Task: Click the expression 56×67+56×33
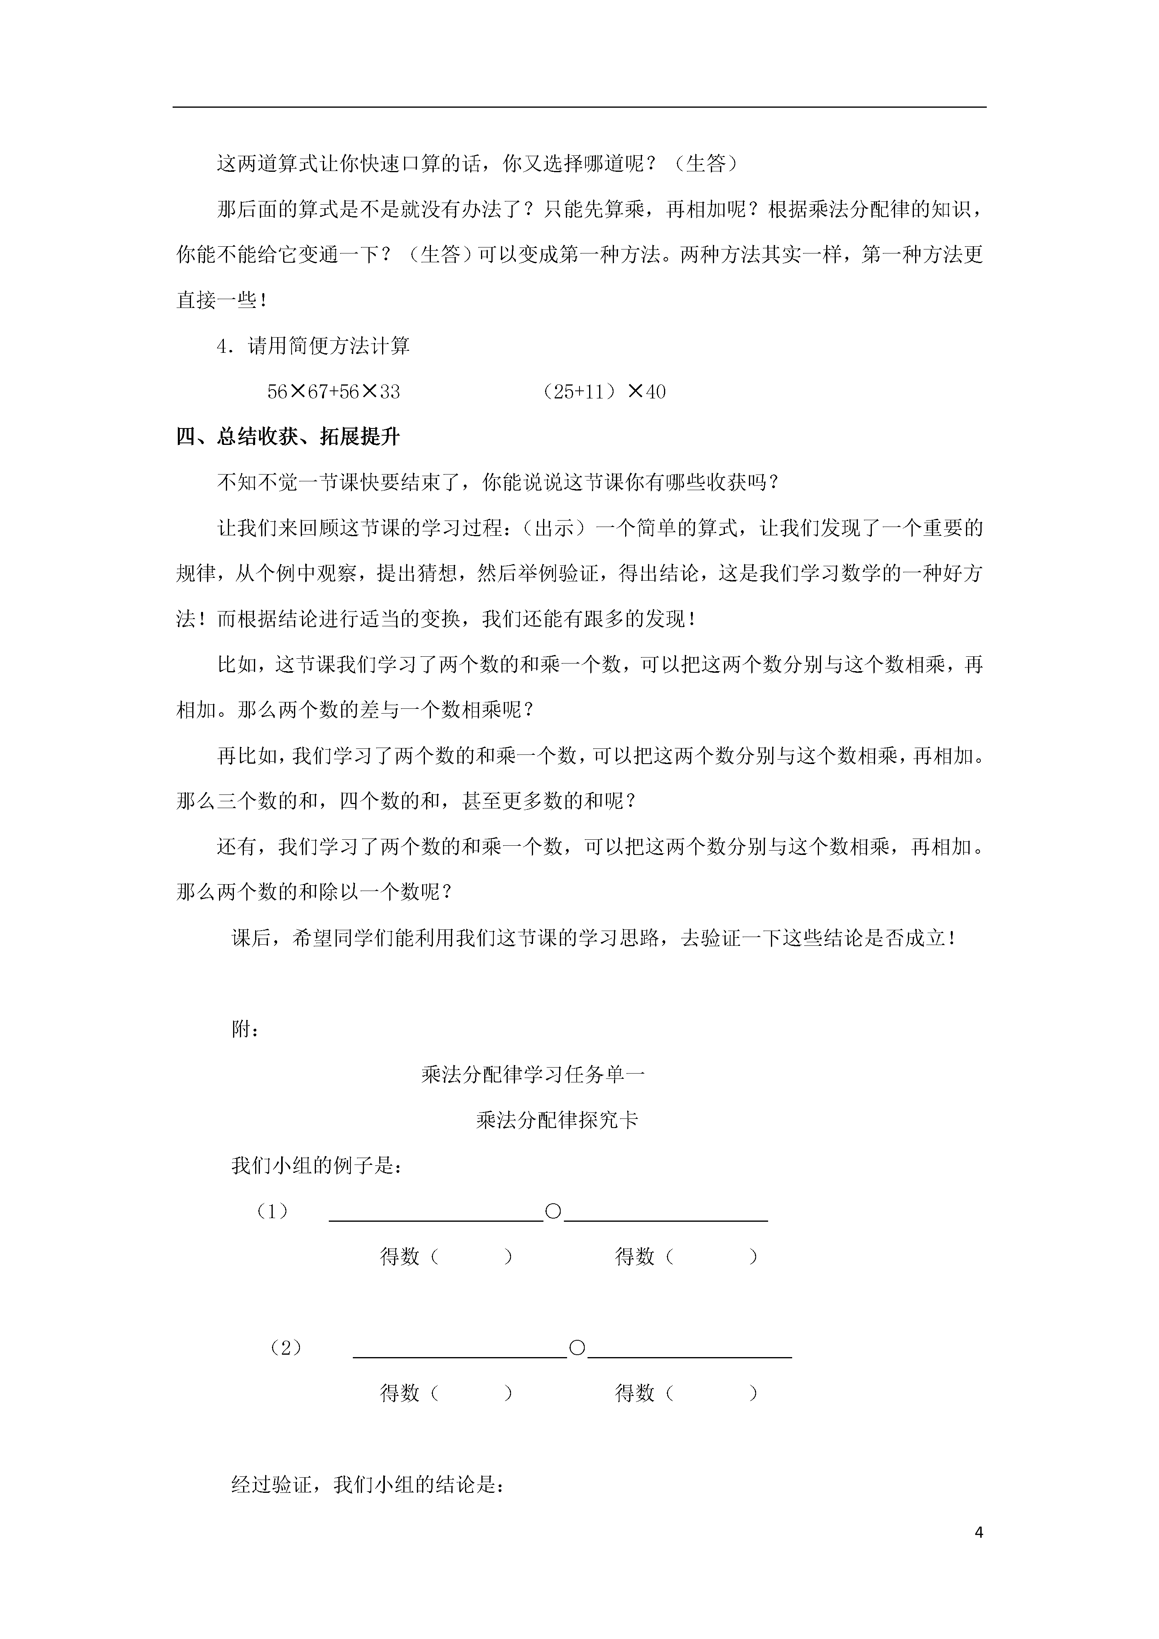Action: [x=334, y=392]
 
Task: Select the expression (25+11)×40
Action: [x=604, y=392]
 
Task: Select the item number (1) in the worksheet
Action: [x=272, y=1211]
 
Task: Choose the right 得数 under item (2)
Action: [x=635, y=1393]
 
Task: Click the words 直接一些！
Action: [x=223, y=301]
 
